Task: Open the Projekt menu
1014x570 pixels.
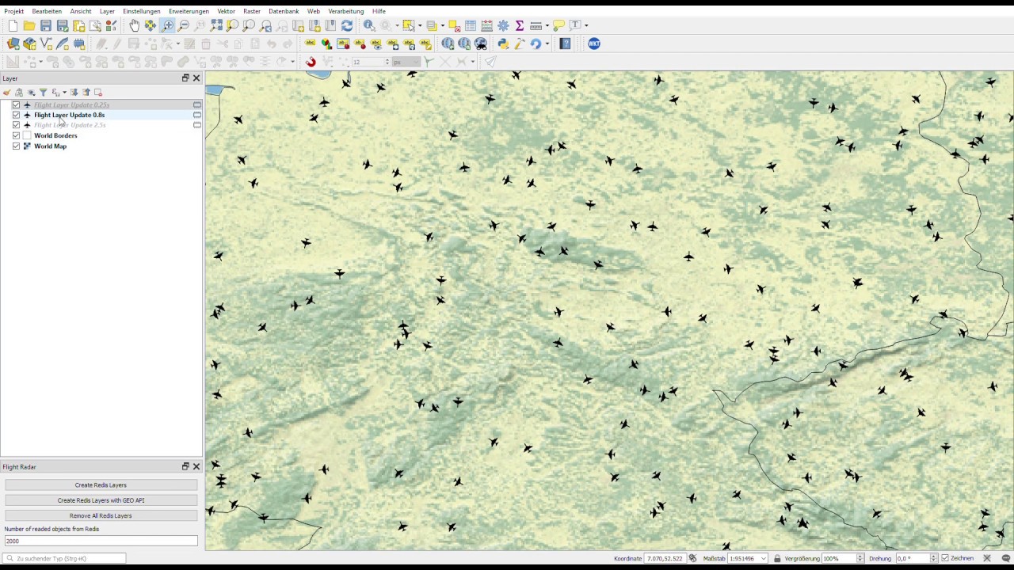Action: [x=13, y=11]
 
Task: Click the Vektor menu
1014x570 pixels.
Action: [x=226, y=11]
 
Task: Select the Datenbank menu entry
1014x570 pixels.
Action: [x=283, y=11]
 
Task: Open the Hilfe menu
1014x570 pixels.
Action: [x=379, y=11]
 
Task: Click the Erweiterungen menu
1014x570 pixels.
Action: [x=189, y=11]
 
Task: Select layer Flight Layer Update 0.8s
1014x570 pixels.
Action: [x=69, y=115]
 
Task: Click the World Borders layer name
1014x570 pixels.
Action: [x=55, y=135]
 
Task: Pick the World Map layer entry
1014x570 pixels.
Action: [x=50, y=146]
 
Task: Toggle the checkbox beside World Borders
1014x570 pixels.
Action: [x=16, y=135]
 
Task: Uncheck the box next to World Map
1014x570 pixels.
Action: [x=16, y=146]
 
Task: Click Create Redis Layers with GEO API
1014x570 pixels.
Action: [x=101, y=500]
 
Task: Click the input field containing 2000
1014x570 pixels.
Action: [x=101, y=541]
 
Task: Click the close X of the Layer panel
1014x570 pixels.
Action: [x=196, y=78]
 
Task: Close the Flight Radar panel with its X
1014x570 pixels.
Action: [x=196, y=466]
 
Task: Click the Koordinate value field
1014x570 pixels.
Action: [x=665, y=558]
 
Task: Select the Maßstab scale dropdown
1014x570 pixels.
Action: [x=747, y=558]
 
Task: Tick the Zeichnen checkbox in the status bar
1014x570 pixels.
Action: [x=945, y=558]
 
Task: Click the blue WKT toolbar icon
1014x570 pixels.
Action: [x=594, y=44]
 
